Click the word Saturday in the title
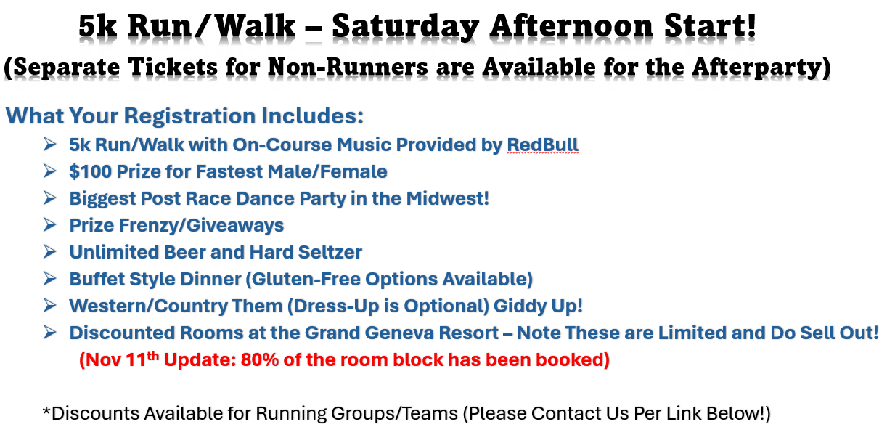tap(406, 27)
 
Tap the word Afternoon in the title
tap(571, 25)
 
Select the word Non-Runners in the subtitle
tap(348, 66)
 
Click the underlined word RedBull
tap(542, 145)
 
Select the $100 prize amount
tap(90, 171)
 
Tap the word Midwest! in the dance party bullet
tap(448, 198)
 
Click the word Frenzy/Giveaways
tap(201, 226)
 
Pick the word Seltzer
tap(330, 252)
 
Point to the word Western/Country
tap(147, 306)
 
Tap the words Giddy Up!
tap(538, 306)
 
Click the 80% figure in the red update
tap(259, 360)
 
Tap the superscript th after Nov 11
tap(153, 356)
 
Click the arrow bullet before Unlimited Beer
tap(50, 252)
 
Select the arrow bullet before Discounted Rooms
tap(50, 333)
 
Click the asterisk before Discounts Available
tap(46, 410)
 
